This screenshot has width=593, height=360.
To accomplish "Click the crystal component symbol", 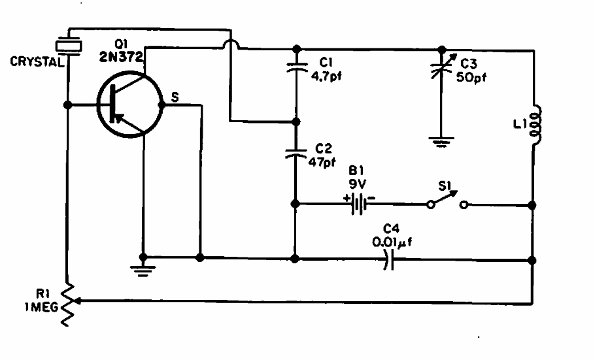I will pyautogui.click(x=67, y=46).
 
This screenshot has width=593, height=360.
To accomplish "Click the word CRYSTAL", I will pyautogui.click(x=34, y=63).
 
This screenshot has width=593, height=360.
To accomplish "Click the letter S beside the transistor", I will pyautogui.click(x=175, y=97).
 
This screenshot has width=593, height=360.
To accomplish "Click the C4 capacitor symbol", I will pyautogui.click(x=390, y=261).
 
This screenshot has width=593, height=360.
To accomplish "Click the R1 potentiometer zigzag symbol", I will pyautogui.click(x=67, y=302).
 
